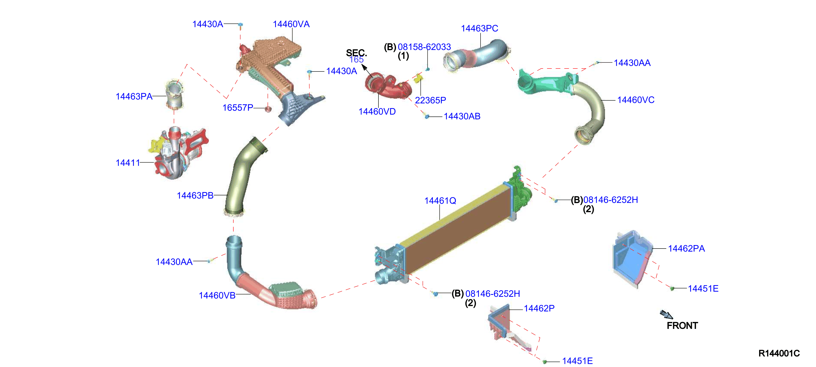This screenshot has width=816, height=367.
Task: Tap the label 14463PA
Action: (x=134, y=96)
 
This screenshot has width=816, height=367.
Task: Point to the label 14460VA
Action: (x=291, y=24)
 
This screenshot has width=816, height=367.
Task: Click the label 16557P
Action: (x=238, y=108)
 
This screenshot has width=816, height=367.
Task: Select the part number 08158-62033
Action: (x=424, y=47)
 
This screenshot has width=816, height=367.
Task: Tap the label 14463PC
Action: (x=479, y=28)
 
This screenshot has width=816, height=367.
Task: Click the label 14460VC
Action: (x=636, y=100)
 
